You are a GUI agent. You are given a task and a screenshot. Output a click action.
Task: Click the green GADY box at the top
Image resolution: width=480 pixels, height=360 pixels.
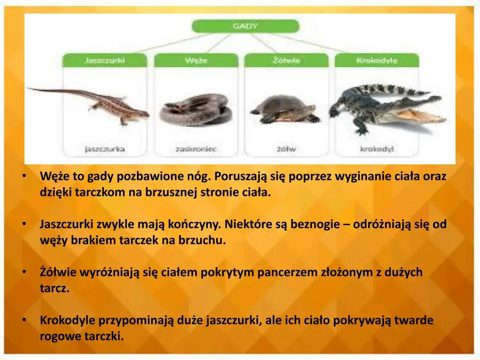click(245, 26)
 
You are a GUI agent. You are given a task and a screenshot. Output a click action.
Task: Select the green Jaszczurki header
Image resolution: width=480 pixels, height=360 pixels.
click(105, 60)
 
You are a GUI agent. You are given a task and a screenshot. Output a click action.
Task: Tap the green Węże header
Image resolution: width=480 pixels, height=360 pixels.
click(196, 60)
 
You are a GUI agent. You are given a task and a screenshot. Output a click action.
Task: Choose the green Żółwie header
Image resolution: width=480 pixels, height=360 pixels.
click(286, 60)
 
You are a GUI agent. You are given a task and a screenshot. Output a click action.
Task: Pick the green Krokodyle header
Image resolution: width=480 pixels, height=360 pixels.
click(376, 60)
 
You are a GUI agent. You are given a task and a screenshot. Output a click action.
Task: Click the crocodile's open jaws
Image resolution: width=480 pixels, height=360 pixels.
click(420, 112)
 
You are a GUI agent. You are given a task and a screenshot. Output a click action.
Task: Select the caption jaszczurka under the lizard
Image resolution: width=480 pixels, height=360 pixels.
click(105, 149)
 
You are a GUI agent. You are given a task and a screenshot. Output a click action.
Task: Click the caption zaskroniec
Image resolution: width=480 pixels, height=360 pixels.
click(196, 149)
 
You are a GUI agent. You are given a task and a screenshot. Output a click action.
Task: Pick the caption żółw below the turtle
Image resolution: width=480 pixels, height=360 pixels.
click(286, 149)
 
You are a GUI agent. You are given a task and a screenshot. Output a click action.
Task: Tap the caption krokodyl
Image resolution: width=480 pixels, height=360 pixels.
click(376, 149)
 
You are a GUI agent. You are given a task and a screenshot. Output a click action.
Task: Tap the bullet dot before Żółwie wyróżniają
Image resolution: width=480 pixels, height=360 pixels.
click(24, 271)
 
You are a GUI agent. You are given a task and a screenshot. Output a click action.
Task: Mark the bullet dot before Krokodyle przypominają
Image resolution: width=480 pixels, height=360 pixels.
click(24, 319)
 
